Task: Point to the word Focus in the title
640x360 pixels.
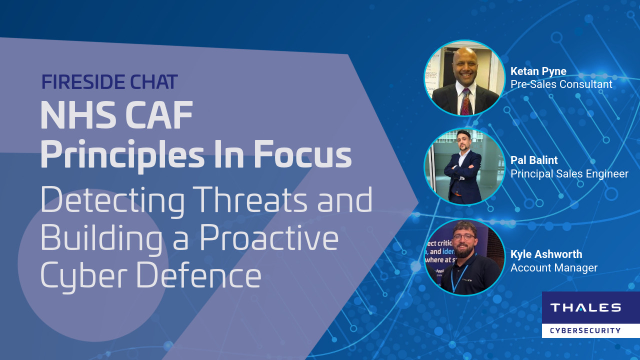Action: click(x=299, y=157)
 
